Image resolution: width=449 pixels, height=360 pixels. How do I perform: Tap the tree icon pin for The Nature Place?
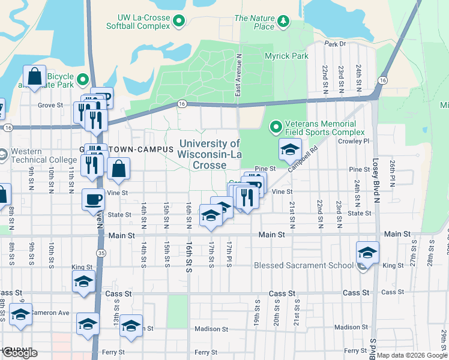[x=283, y=23]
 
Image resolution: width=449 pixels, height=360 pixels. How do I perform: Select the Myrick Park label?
[x=286, y=56]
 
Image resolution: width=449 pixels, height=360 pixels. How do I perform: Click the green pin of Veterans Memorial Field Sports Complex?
[x=276, y=127]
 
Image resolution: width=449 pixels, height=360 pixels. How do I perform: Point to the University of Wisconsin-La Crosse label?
[x=209, y=154]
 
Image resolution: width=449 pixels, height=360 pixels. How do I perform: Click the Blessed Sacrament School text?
[x=303, y=265]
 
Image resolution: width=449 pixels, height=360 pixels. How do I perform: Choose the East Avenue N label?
[x=238, y=75]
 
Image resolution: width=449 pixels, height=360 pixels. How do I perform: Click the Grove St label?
[x=50, y=105]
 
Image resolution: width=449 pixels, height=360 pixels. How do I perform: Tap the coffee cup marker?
[x=93, y=199]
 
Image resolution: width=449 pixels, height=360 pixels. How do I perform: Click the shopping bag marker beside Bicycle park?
[x=35, y=77]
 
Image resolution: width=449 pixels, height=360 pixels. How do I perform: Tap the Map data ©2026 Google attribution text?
[x=412, y=355]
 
